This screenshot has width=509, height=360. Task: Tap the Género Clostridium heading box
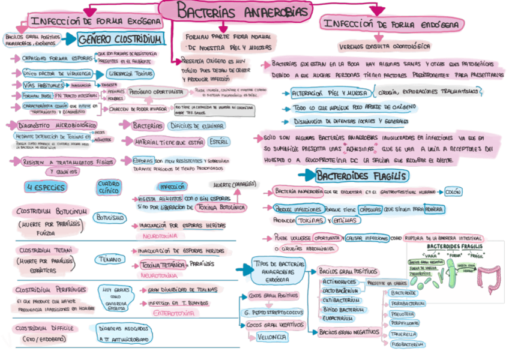coord(120,40)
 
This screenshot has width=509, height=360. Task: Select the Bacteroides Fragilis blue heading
coord(362,176)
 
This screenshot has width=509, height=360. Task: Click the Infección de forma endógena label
coord(392,25)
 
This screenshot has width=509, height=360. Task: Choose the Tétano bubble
coord(109,260)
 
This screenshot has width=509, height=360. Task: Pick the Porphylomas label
coord(406,323)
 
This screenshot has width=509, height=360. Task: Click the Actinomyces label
coord(339,281)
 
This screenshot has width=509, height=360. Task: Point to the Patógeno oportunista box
coord(156,92)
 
